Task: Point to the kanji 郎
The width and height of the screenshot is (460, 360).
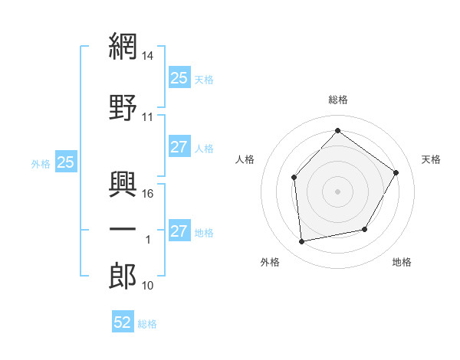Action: click(x=123, y=277)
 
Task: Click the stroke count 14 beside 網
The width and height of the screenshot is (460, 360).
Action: click(x=149, y=56)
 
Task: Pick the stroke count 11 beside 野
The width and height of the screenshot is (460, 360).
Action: click(x=148, y=117)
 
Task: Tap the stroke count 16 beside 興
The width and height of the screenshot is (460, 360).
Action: click(x=149, y=194)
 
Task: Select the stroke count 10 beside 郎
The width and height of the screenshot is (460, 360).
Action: click(x=148, y=286)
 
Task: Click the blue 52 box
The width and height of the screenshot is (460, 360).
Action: click(x=123, y=322)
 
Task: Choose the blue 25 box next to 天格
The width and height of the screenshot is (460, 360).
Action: click(x=179, y=77)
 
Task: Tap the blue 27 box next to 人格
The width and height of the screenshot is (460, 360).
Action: click(x=179, y=147)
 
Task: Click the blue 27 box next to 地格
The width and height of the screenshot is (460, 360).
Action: click(x=179, y=231)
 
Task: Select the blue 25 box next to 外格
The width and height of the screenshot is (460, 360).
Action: click(x=66, y=162)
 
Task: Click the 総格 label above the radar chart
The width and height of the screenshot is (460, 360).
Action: click(x=338, y=100)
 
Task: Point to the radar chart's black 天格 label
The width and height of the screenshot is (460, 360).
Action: click(x=432, y=159)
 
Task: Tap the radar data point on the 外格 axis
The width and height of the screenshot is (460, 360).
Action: click(x=302, y=242)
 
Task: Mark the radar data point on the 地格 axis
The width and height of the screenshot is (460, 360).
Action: click(x=365, y=229)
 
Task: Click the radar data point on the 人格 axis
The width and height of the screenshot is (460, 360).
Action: click(x=294, y=178)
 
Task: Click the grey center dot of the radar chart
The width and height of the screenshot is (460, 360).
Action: click(x=337, y=191)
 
